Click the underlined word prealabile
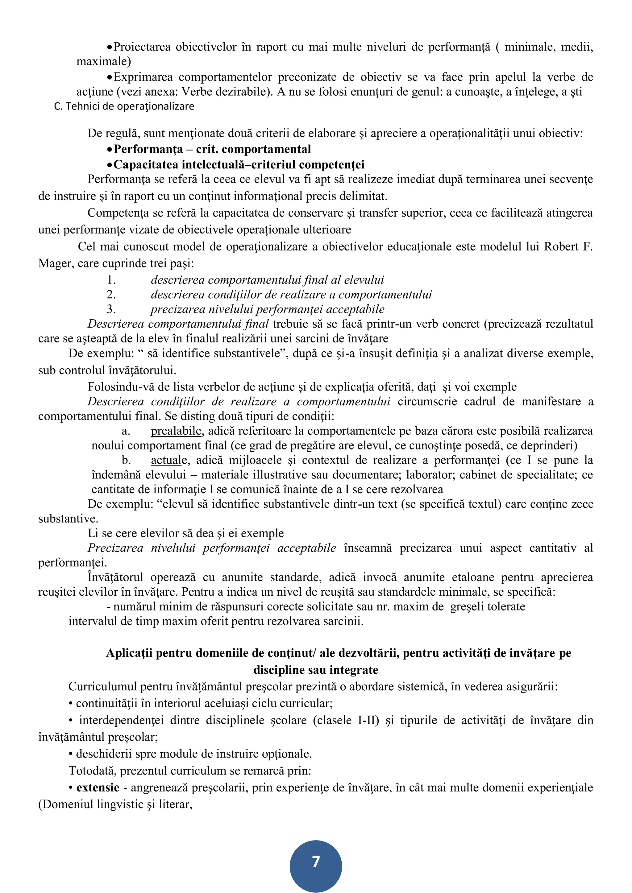point(176,431)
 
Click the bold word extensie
point(98,787)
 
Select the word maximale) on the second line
point(103,61)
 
